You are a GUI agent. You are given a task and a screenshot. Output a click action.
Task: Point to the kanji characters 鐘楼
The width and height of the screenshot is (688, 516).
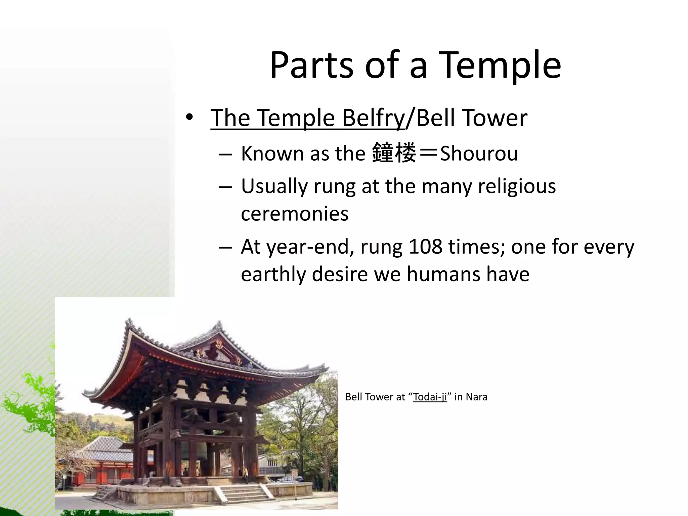[x=394, y=153]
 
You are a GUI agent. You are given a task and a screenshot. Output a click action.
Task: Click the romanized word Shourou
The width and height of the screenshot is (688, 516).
[x=479, y=154]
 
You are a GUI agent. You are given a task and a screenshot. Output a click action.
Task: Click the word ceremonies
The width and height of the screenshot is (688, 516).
[x=295, y=214]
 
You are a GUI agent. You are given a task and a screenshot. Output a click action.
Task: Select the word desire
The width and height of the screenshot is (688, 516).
[x=340, y=274]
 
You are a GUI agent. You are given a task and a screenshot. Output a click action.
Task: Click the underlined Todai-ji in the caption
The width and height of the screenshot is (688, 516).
[x=430, y=397]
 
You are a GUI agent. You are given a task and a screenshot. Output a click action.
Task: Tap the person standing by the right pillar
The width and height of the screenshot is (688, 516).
[x=246, y=474]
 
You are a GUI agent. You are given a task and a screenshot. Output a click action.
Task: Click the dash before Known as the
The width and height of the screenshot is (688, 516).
[x=225, y=154]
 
